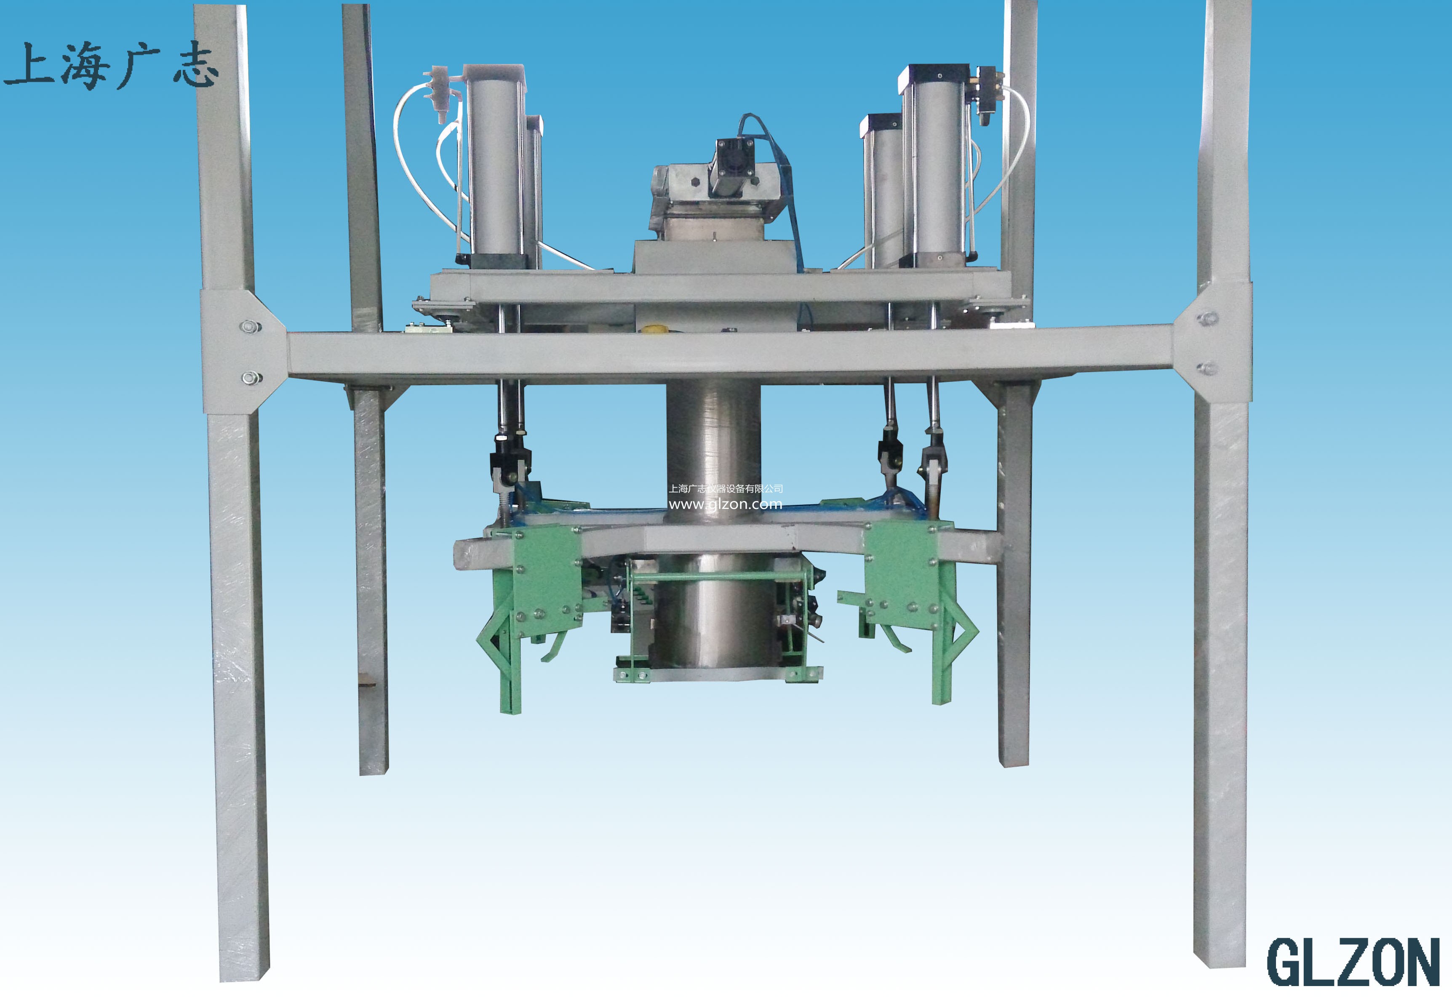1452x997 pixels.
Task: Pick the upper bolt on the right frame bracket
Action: [1206, 319]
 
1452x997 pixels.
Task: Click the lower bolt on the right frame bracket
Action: [1206, 368]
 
